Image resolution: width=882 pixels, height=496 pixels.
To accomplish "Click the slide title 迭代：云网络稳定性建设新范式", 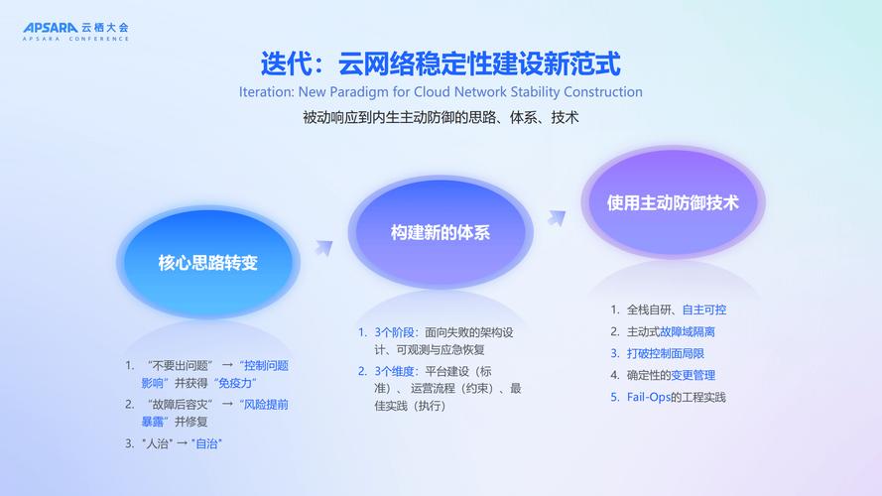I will point(441,64).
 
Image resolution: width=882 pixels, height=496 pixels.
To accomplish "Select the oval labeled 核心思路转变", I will point(207,263).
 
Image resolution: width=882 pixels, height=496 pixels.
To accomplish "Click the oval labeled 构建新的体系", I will point(441,233).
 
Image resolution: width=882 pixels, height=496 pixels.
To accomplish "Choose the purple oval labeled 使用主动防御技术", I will point(673,202).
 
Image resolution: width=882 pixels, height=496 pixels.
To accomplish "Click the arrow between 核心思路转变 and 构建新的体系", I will point(323,246).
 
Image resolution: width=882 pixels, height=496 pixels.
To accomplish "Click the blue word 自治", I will point(206,443).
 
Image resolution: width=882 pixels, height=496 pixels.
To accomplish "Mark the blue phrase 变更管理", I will point(692,375).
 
